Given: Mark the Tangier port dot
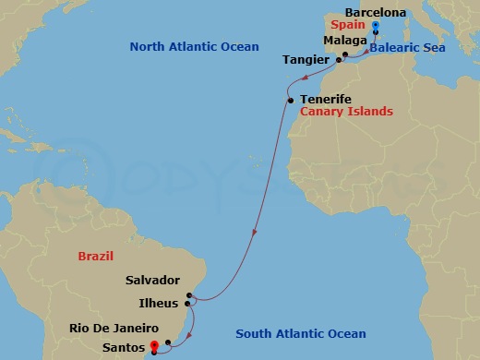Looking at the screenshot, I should point(339,60).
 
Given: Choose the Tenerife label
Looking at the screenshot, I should point(327,99).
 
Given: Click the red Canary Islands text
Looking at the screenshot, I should point(347,112).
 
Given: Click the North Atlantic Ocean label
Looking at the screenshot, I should point(194,46).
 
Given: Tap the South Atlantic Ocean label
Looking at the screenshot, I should point(301,334).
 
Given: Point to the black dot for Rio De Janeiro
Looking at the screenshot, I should point(168,342).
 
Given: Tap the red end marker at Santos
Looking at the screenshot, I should point(153,347).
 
